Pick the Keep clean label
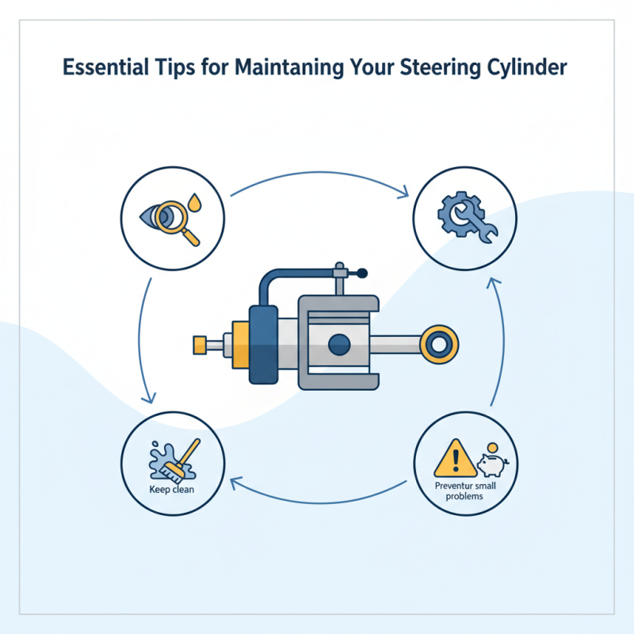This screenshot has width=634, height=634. tap(172, 488)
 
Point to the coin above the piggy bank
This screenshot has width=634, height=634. tap(491, 447)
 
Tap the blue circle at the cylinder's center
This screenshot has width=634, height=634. tap(338, 344)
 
